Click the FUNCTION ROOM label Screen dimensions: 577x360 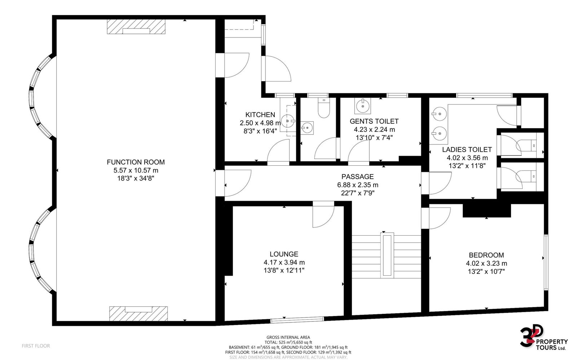point(136,162)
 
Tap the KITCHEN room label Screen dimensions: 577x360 point(260,115)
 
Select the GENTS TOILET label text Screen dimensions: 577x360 point(374,121)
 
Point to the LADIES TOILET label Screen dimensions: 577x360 point(467,150)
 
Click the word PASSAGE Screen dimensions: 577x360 point(357,177)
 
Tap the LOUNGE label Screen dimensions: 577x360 point(284,254)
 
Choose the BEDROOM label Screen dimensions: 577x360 point(486,255)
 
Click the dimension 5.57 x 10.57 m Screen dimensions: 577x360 point(136,170)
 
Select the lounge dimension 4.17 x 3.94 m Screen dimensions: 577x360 point(284,262)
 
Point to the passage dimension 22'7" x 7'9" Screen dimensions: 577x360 point(357,193)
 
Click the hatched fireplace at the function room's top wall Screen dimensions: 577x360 point(136,27)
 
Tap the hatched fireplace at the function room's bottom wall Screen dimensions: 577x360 point(138,314)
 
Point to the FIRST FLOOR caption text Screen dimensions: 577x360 point(36,346)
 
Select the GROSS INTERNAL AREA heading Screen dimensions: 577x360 point(288,337)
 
